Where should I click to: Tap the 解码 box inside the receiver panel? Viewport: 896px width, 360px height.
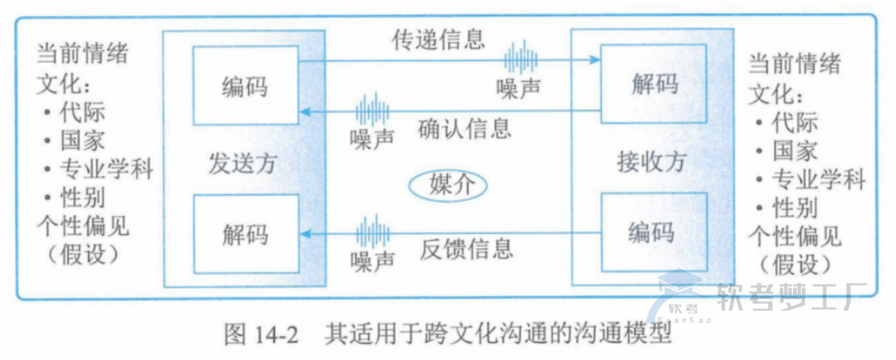click(x=654, y=84)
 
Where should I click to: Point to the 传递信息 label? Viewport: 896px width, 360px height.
click(x=439, y=39)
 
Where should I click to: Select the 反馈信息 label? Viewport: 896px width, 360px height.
click(x=466, y=248)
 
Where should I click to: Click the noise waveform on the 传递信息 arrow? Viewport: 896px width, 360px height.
click(x=520, y=58)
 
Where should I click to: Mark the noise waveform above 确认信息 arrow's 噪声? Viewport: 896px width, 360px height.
click(x=372, y=110)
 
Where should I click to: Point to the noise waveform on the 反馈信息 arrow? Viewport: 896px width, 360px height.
click(x=372, y=232)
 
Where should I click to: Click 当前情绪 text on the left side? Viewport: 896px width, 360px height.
click(x=82, y=51)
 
